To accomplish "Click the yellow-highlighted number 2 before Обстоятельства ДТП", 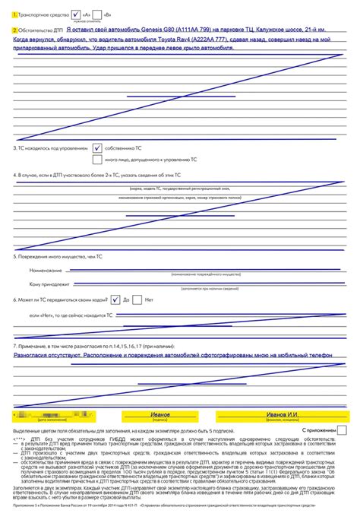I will click(x=15, y=30).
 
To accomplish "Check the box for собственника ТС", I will click(x=97, y=148).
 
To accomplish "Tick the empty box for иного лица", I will click(x=97, y=160).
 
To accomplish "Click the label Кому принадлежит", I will click(x=49, y=284).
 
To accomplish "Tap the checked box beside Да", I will click(x=115, y=299).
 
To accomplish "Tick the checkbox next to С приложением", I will click(x=342, y=429).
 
